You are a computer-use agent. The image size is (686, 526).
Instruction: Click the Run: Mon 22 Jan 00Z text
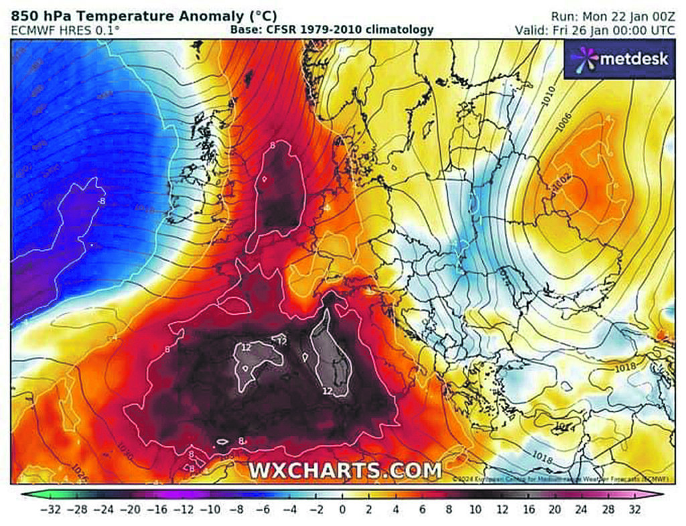[x=611, y=15]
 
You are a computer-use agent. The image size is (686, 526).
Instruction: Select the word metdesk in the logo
[x=633, y=59]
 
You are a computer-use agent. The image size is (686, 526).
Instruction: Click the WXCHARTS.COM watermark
[x=345, y=470]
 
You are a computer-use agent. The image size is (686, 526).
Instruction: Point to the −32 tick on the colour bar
[x=51, y=509]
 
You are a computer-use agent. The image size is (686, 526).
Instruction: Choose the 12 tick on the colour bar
[x=501, y=509]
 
